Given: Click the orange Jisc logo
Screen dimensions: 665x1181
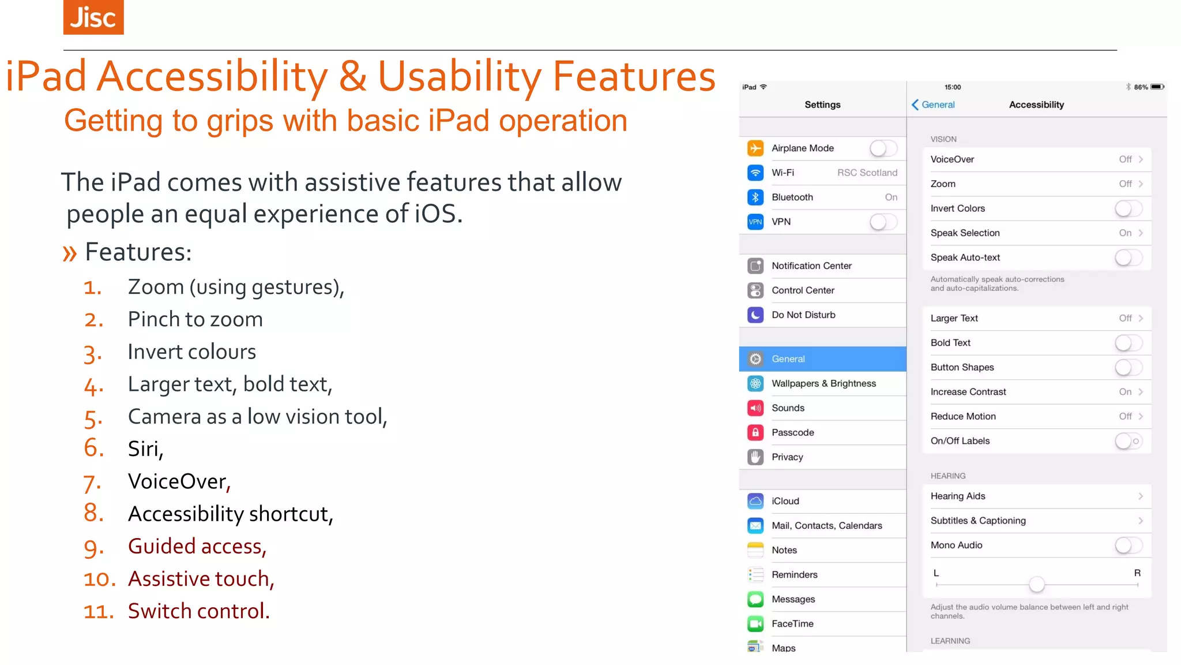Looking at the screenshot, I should pyautogui.click(x=93, y=17).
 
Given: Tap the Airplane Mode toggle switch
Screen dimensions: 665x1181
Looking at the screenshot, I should pyautogui.click(x=883, y=148).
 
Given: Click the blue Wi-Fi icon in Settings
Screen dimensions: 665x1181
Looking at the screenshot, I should pyautogui.click(x=755, y=173).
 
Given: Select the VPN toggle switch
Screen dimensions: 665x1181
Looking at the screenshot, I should pyautogui.click(x=883, y=222).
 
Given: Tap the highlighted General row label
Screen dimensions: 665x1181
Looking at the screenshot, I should pyautogui.click(x=788, y=359).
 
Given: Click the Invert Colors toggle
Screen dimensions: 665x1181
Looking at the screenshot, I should pyautogui.click(x=1128, y=208).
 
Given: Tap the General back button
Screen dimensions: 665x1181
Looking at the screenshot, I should pyautogui.click(x=933, y=104).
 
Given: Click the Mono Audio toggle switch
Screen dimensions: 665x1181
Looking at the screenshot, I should pyautogui.click(x=1128, y=545).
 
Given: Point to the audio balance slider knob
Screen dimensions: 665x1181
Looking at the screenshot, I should pyautogui.click(x=1037, y=584).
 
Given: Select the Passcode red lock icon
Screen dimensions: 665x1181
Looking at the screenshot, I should pyautogui.click(x=755, y=432).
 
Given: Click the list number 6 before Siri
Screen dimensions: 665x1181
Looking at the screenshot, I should pyautogui.click(x=94, y=448).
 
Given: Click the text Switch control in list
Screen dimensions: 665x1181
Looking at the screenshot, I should pyautogui.click(x=198, y=611).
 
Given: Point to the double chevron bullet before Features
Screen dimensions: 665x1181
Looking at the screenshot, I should pyautogui.click(x=70, y=253).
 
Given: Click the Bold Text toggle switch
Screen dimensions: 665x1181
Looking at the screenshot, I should pyautogui.click(x=1128, y=343).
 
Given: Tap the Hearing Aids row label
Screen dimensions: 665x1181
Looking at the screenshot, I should pyautogui.click(x=958, y=496).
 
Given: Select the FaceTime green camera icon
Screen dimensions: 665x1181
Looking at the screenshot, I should pyautogui.click(x=755, y=623).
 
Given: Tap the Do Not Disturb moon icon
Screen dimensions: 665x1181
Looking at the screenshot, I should pyautogui.click(x=755, y=315).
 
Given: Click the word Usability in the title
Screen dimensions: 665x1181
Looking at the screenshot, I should pyautogui.click(x=460, y=76).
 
